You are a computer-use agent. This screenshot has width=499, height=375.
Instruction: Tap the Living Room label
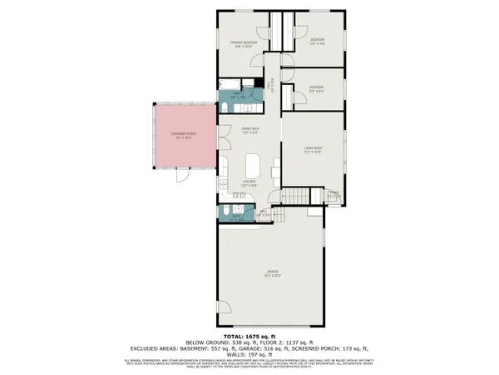coord(313,150)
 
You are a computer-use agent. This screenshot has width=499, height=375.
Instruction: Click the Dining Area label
coord(250,130)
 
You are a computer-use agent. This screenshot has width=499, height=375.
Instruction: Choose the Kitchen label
coord(249,182)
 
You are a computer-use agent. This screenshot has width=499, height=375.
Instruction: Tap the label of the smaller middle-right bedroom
coord(317,87)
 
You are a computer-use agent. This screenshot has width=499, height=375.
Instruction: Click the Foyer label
coord(332,194)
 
